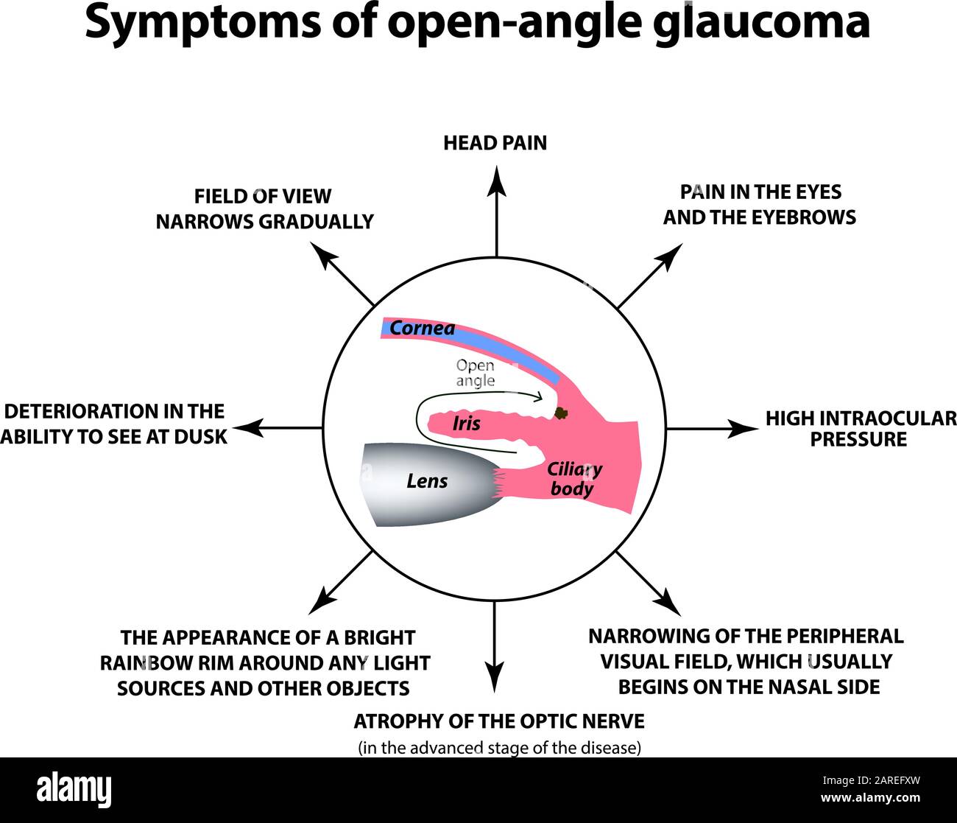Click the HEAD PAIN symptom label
pyautogui.click(x=495, y=143)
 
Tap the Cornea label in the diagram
pyautogui.click(x=422, y=329)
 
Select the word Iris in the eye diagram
pyautogui.click(x=466, y=423)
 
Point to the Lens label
pyautogui.click(x=427, y=481)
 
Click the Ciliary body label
pyautogui.click(x=573, y=479)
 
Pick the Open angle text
pyautogui.click(x=475, y=373)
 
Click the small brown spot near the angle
pyautogui.click(x=562, y=413)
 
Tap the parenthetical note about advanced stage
pyautogui.click(x=499, y=748)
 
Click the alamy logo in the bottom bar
pyautogui.click(x=74, y=790)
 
